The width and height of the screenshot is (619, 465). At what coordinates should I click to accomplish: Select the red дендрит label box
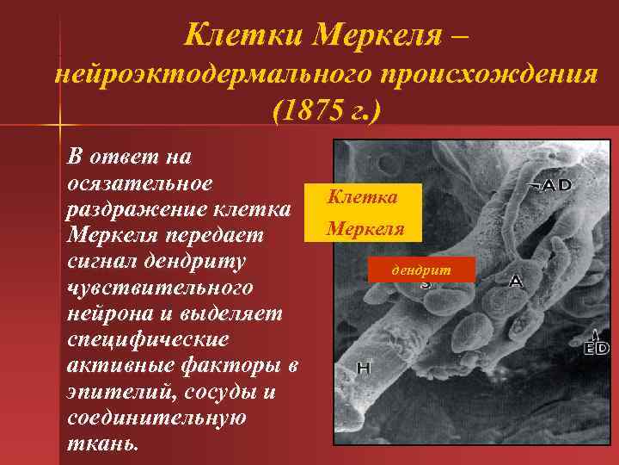[420, 270]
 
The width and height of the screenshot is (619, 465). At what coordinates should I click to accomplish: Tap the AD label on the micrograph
[558, 184]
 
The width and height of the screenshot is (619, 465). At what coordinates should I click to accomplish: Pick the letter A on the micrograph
[516, 280]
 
